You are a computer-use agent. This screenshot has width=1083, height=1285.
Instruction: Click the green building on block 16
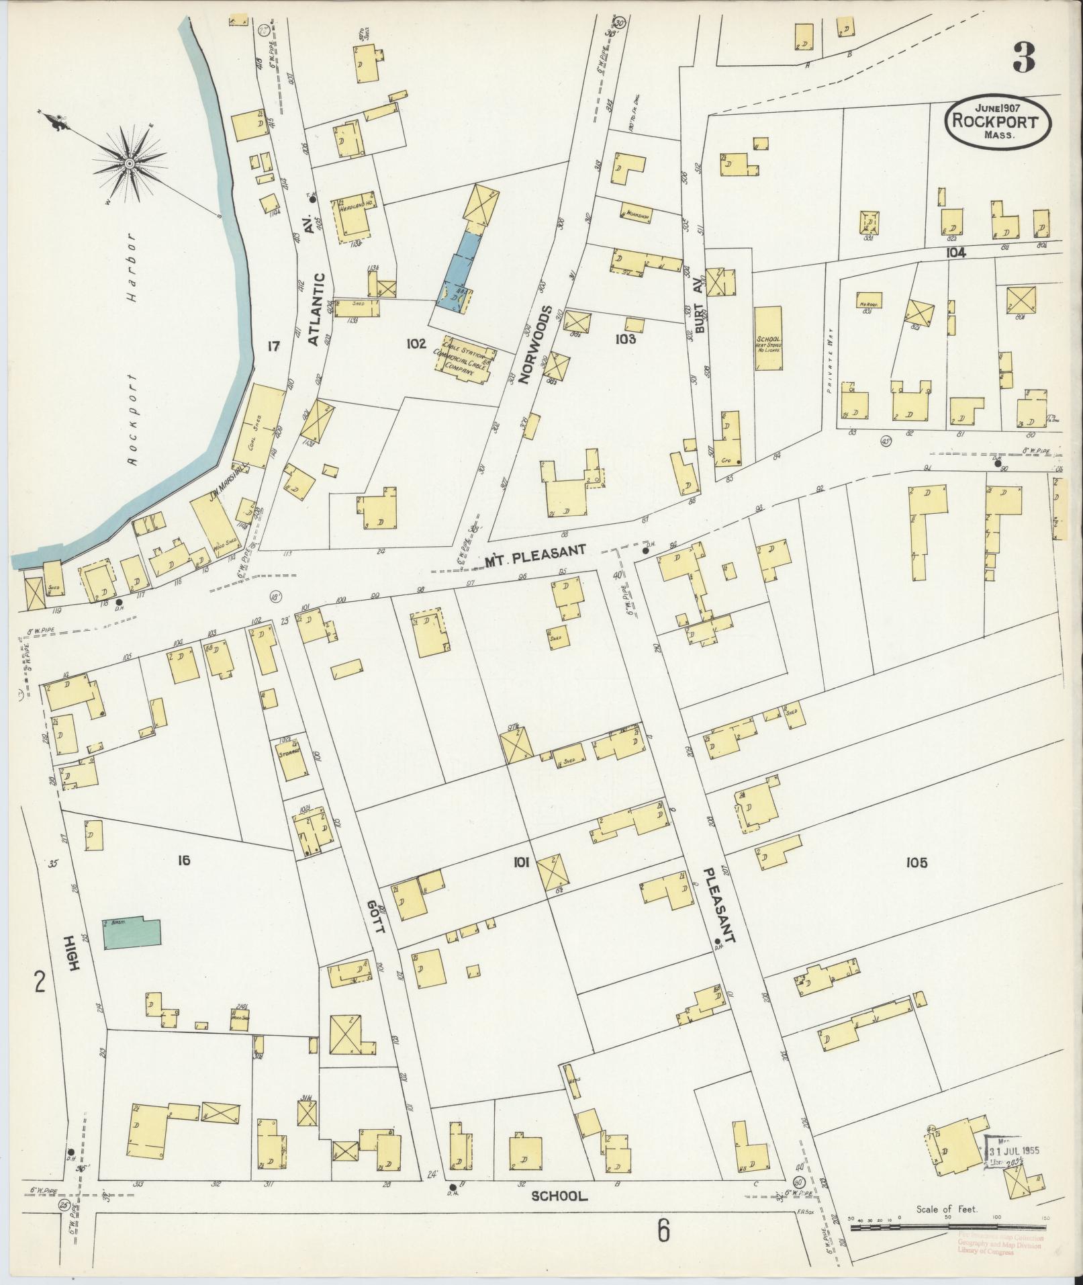(132, 933)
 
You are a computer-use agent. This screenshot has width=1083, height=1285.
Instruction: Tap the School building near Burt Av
(767, 339)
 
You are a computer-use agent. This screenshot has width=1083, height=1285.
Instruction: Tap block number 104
(955, 253)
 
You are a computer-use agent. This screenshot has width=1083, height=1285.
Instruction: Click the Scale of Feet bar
(947, 1227)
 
